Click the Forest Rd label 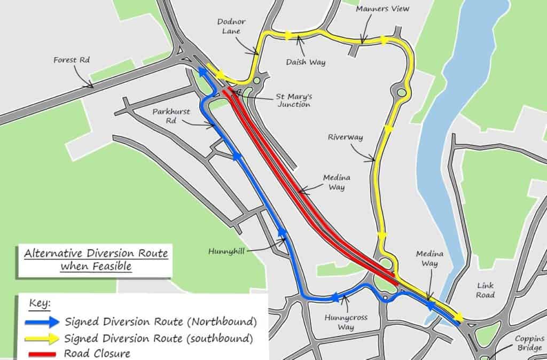coord(71,60)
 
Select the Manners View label coord(382,9)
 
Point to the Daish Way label coord(305,62)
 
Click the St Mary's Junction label coord(293,100)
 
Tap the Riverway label coord(345,137)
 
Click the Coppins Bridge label coord(529,343)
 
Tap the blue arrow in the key coord(42,322)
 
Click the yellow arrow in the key coord(42,338)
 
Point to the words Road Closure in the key coord(97,353)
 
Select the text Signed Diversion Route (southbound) coord(158,338)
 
